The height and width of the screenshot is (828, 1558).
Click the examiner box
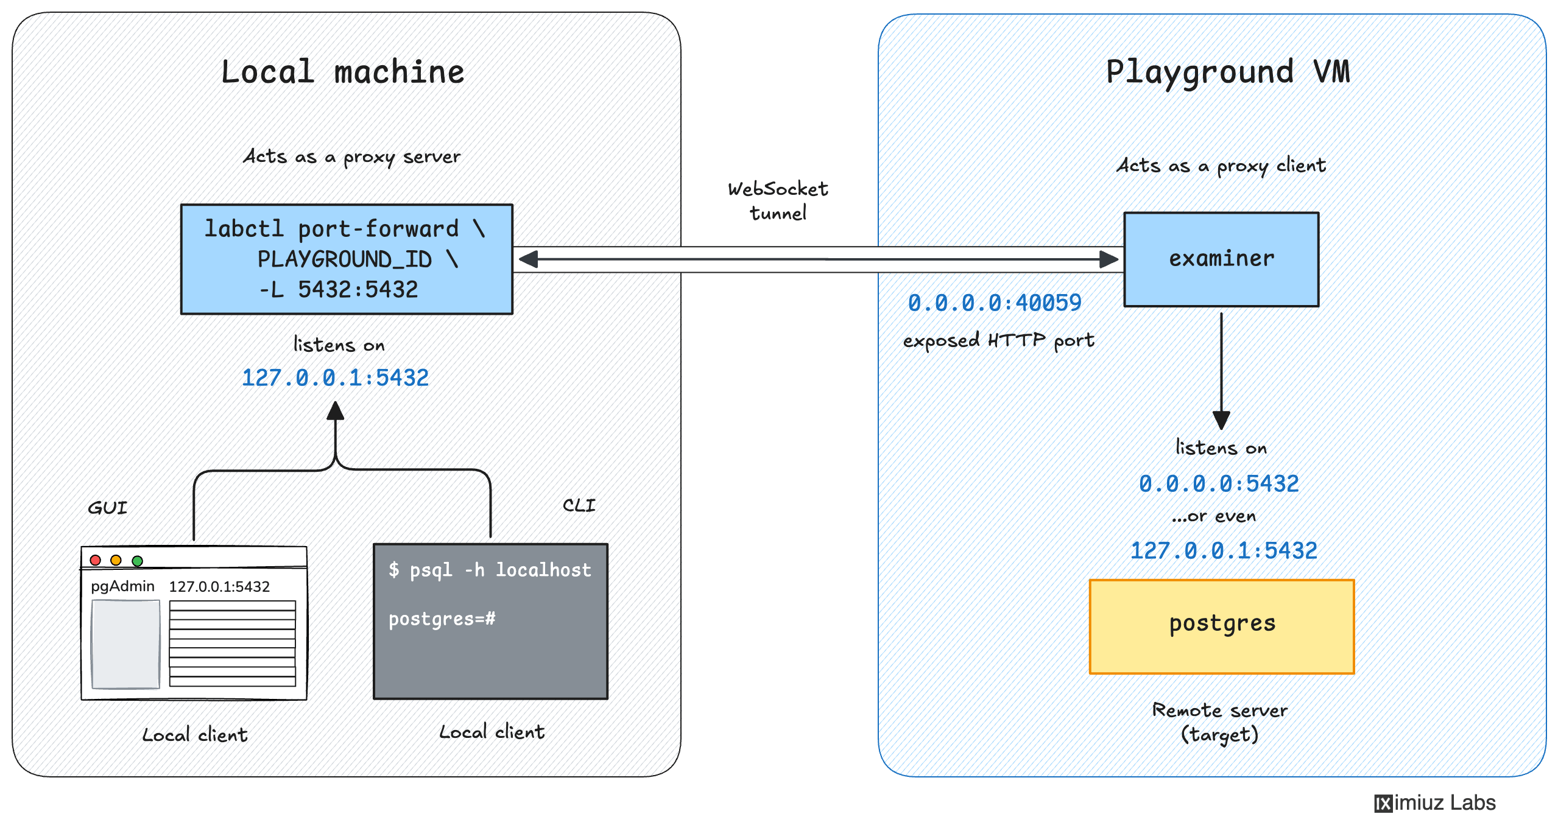pyautogui.click(x=1221, y=259)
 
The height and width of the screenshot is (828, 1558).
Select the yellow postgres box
pyautogui.click(x=1221, y=626)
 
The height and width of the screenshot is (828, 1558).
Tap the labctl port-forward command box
pyautogui.click(x=347, y=259)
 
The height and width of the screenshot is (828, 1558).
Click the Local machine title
pyautogui.click(x=343, y=72)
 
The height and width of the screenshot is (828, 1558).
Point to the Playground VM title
pyautogui.click(x=1227, y=72)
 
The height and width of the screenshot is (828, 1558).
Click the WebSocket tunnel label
pyautogui.click(x=778, y=201)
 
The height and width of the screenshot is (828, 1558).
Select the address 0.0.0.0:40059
pyautogui.click(x=994, y=303)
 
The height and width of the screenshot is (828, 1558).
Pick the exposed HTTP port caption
pyautogui.click(x=998, y=340)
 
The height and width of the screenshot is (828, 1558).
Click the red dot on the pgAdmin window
pyautogui.click(x=96, y=560)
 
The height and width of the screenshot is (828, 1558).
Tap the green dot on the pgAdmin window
pyautogui.click(x=138, y=560)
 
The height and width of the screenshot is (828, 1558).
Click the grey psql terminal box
pyautogui.click(x=490, y=645)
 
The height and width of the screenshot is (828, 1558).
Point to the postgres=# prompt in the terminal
pyautogui.click(x=442, y=619)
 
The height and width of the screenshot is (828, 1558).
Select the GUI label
pyautogui.click(x=108, y=508)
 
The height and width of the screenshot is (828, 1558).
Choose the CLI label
pyautogui.click(x=579, y=505)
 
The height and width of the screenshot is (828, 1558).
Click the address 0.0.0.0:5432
pyautogui.click(x=1219, y=483)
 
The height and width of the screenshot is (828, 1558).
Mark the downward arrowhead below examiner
pyautogui.click(x=1221, y=420)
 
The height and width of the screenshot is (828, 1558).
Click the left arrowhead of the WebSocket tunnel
pyautogui.click(x=527, y=259)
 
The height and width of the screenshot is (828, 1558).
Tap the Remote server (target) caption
pyautogui.click(x=1219, y=722)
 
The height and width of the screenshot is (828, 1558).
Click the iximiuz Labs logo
pyautogui.click(x=1434, y=803)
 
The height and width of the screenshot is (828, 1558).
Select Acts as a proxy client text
pyautogui.click(x=1221, y=166)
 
